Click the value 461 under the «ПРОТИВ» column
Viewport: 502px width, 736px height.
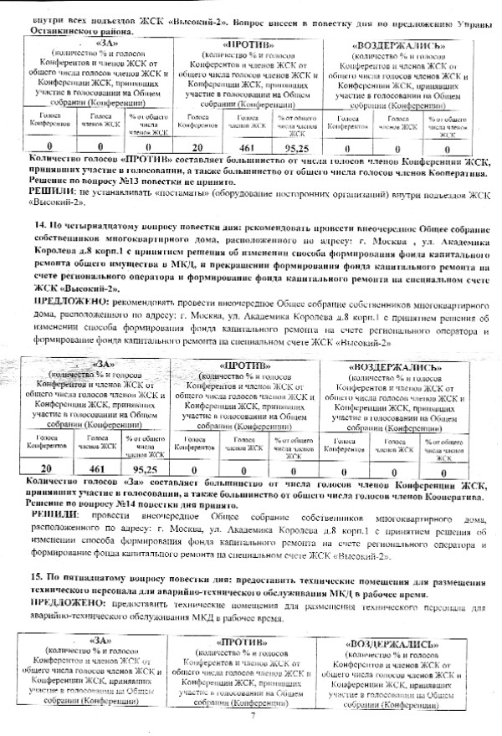248,148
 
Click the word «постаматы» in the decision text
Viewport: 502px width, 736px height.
177,192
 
